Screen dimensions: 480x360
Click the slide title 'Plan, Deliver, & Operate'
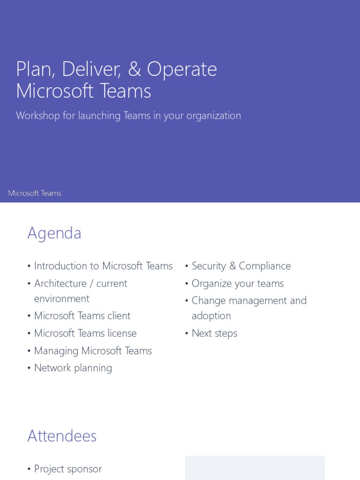click(x=116, y=69)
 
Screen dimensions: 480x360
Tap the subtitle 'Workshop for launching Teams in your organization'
click(x=128, y=116)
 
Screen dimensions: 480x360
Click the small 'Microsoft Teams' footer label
click(x=35, y=193)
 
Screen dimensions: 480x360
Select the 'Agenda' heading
click(x=54, y=233)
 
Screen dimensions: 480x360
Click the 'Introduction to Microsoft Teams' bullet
click(x=103, y=266)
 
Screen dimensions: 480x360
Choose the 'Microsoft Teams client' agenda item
click(x=82, y=316)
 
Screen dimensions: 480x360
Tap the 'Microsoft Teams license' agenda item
click(x=85, y=333)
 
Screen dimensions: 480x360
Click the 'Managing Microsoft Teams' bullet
click(x=93, y=351)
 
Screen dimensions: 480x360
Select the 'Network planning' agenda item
click(x=73, y=368)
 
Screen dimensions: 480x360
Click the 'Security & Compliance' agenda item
click(x=241, y=266)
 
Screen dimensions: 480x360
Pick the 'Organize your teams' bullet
click(x=238, y=284)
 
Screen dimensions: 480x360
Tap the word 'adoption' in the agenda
click(x=211, y=316)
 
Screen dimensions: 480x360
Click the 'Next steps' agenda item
click(x=214, y=333)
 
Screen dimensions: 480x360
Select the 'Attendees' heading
click(x=62, y=436)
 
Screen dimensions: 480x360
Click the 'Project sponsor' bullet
click(x=68, y=469)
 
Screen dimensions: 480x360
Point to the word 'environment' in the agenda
click(x=61, y=299)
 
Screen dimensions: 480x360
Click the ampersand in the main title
click(x=134, y=69)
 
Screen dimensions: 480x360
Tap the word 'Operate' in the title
click(x=182, y=69)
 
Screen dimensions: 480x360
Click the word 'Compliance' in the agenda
click(x=265, y=266)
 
